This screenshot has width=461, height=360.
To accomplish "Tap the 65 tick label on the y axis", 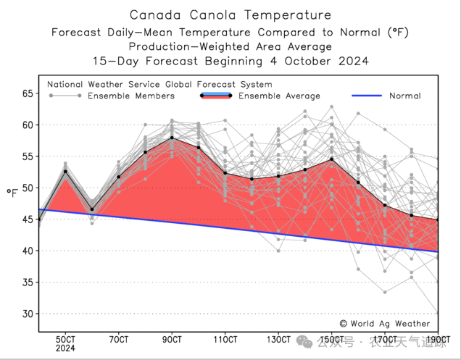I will [28, 93].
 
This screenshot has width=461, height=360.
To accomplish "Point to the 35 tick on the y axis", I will [28, 282].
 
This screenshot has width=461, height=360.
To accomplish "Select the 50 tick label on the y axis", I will [28, 188].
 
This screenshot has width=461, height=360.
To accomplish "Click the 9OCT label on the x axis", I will [172, 339].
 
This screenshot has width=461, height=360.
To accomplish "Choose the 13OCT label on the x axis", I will [278, 339].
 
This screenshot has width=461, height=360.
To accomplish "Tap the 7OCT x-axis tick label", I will [119, 339].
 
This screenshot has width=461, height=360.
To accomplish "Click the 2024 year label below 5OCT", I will [66, 348].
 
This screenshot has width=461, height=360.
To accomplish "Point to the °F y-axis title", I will [12, 193].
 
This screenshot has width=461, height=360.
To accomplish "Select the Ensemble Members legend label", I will [130, 96].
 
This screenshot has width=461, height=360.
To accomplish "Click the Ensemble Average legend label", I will [279, 96].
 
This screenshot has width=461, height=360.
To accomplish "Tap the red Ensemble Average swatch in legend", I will [215, 96].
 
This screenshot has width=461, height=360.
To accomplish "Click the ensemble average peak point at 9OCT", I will [172, 138].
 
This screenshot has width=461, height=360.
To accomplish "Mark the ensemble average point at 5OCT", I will [66, 171].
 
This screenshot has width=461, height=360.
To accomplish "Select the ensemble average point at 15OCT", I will [331, 159].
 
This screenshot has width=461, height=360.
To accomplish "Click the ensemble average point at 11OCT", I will [225, 172].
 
